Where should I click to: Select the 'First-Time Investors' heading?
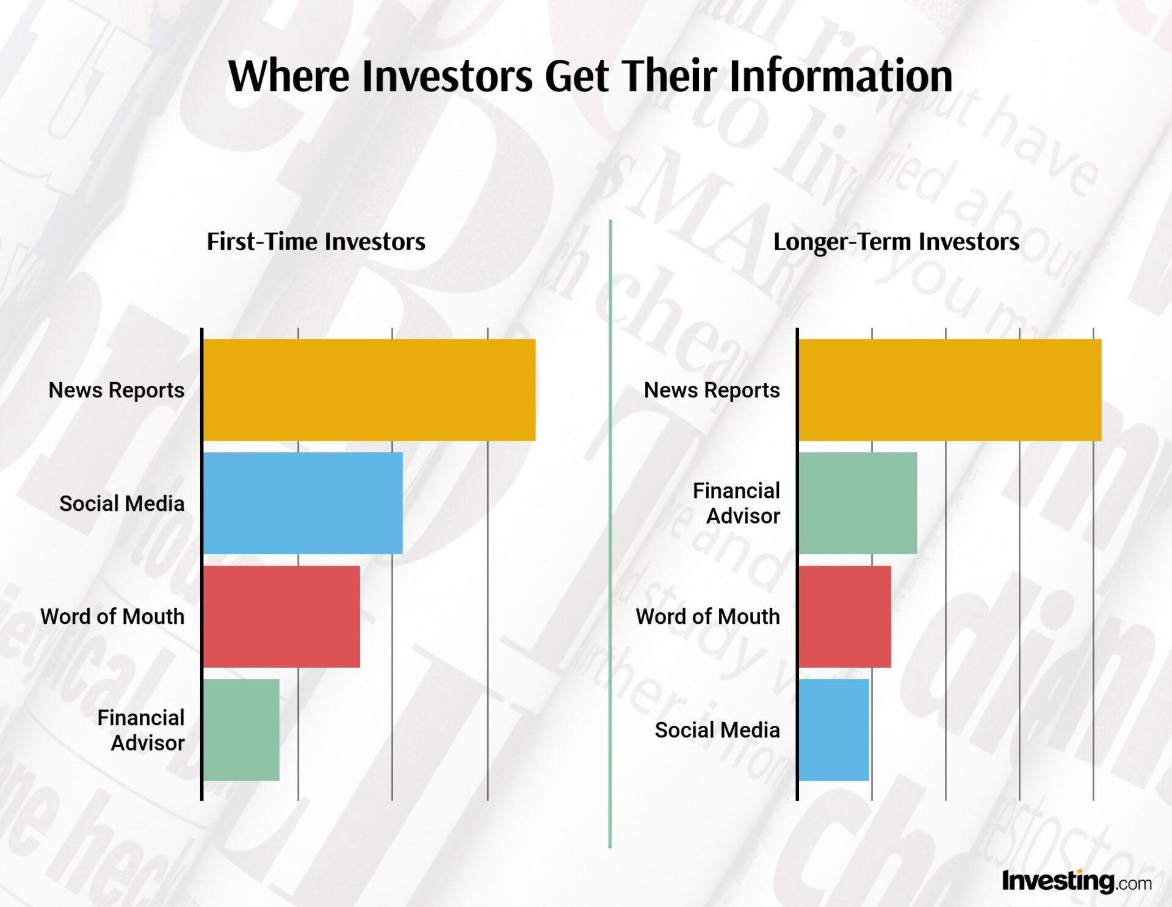[x=316, y=242]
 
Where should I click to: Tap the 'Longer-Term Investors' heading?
[x=896, y=242]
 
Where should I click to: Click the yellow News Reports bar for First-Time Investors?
[x=369, y=390]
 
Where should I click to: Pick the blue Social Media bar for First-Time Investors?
[x=303, y=504]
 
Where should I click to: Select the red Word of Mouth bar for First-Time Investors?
[x=281, y=616]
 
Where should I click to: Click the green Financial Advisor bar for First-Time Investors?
[x=241, y=730]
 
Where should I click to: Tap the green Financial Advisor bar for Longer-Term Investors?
[x=858, y=504]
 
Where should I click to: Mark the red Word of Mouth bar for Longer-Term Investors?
[x=845, y=616]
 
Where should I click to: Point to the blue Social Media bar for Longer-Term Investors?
[x=834, y=730]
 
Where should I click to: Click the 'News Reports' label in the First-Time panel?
[x=117, y=390]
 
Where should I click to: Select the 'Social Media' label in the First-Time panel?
[x=122, y=504]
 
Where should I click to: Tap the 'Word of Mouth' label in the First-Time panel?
[x=112, y=616]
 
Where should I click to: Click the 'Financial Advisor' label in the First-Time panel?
[x=141, y=730]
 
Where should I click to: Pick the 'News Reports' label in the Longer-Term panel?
[x=712, y=390]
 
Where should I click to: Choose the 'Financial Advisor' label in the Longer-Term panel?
[x=737, y=504]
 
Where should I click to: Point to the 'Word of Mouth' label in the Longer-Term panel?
[x=708, y=616]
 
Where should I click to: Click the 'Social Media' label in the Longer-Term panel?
[x=717, y=730]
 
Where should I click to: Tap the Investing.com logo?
[x=1077, y=881]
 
